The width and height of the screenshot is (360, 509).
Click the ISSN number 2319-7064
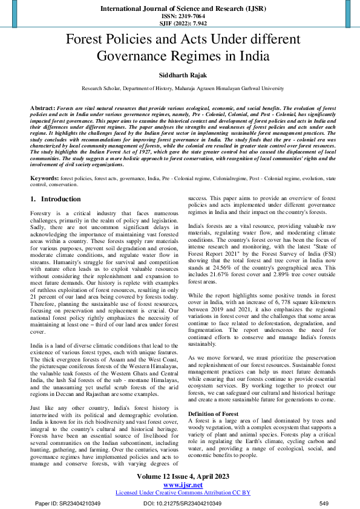[x=180, y=16]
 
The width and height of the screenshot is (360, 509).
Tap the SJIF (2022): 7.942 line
[x=180, y=24]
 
